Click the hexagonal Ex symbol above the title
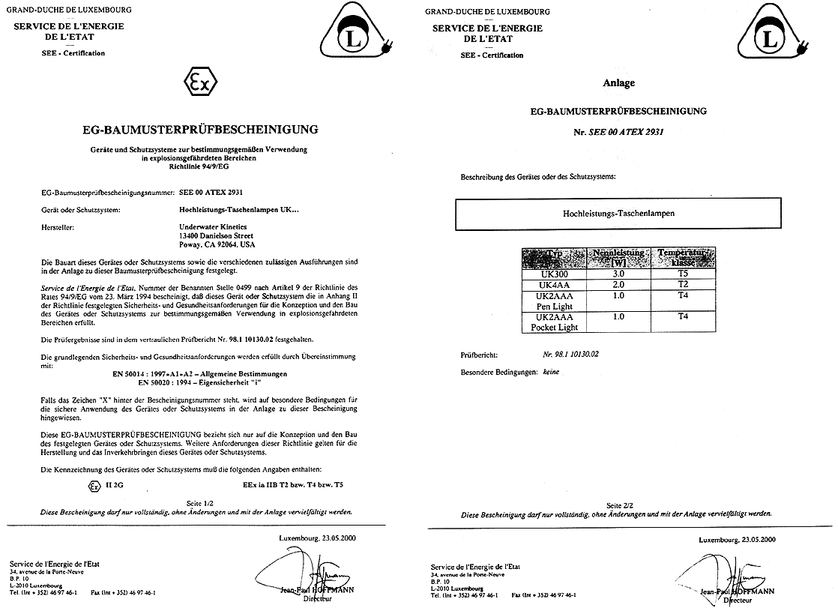pyautogui.click(x=201, y=84)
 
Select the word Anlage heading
pyautogui.click(x=619, y=83)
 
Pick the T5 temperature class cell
pyautogui.click(x=683, y=274)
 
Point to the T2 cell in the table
pyautogui.click(x=683, y=285)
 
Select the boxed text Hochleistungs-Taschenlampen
pyautogui.click(x=618, y=214)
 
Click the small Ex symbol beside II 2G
pyautogui.click(x=94, y=485)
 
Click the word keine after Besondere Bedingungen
pyautogui.click(x=552, y=372)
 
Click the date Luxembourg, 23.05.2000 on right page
pyautogui.click(x=738, y=539)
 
